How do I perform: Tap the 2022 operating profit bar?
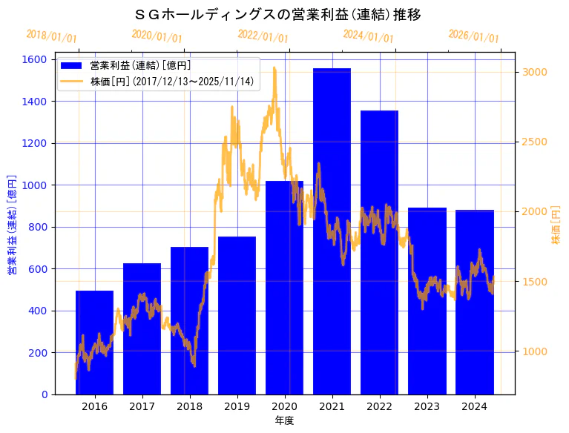379,252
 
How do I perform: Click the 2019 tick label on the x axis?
237,406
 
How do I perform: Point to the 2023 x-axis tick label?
427,406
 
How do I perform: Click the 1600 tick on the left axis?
36,59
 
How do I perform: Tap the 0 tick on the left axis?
44,394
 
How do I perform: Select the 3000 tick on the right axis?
535,72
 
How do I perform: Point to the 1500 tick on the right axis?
535,282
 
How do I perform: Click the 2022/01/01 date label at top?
263,36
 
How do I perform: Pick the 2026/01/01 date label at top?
473,36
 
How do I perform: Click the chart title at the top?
278,14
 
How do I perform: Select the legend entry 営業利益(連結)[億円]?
140,66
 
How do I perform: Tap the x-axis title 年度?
284,420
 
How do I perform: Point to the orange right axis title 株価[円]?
556,226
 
